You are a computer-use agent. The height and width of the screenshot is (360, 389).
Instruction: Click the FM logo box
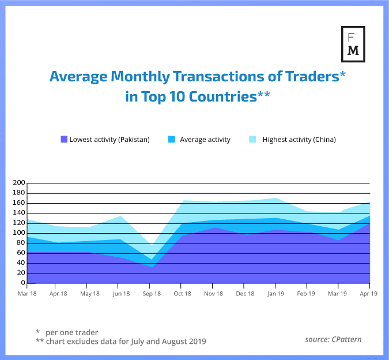tap(352, 44)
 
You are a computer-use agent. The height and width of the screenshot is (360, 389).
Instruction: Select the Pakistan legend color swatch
tap(64, 139)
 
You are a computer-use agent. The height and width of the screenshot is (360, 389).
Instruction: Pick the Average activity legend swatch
tap(172, 139)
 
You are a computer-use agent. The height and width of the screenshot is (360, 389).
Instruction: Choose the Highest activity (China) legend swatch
tap(252, 139)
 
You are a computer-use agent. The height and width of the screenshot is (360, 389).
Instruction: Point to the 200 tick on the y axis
tap(18, 183)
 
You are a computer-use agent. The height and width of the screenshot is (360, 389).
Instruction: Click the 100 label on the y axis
tap(18, 233)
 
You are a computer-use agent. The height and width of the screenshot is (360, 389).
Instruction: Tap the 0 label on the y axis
tap(22, 283)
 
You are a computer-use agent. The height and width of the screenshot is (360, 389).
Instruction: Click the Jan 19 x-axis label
tap(275, 294)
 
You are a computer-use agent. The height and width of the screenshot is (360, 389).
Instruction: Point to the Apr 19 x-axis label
tap(368, 294)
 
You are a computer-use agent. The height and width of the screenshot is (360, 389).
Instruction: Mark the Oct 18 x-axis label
tap(182, 294)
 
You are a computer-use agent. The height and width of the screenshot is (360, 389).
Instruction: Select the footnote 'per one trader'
tap(72, 332)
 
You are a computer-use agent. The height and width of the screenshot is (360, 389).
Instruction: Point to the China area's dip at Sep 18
tap(150, 246)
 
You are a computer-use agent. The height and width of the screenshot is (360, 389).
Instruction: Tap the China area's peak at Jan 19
tap(276, 198)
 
